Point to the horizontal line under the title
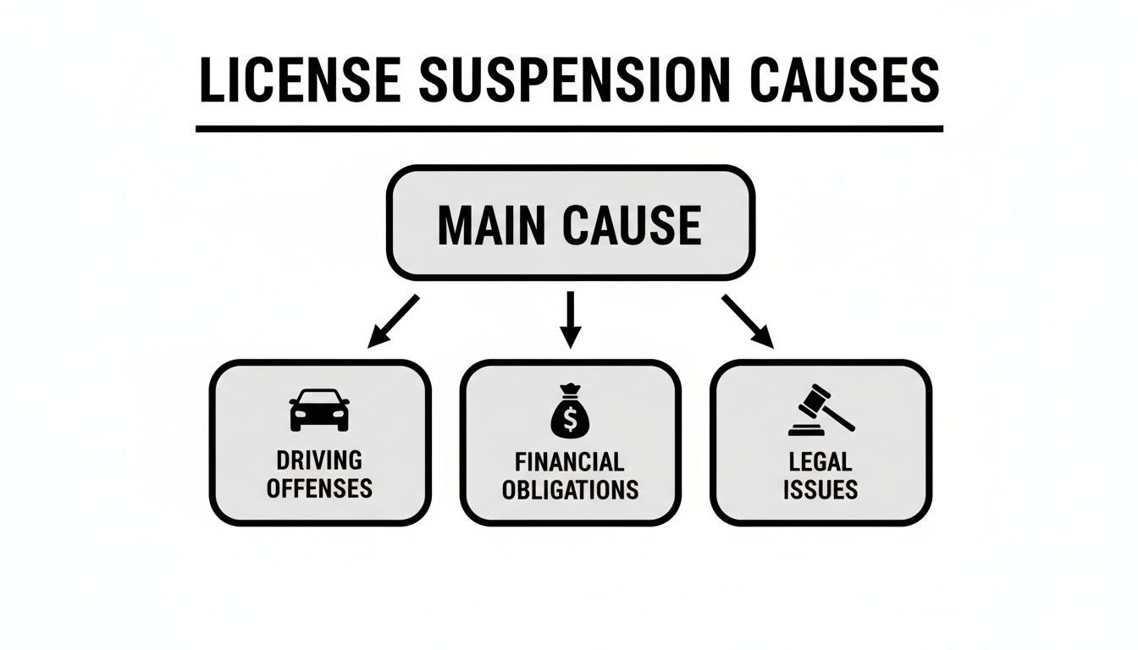click(x=569, y=129)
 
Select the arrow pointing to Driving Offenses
click(x=394, y=321)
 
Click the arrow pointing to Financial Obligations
click(x=571, y=319)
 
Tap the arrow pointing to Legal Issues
click(x=748, y=321)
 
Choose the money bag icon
click(x=570, y=411)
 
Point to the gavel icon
click(x=820, y=410)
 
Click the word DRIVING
click(x=319, y=460)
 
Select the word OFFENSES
click(x=319, y=488)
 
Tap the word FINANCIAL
click(x=570, y=461)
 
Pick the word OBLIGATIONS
click(x=570, y=489)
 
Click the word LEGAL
click(x=820, y=461)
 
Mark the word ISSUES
click(x=820, y=489)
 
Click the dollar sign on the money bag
click(x=570, y=418)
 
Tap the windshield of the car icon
click(x=319, y=399)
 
